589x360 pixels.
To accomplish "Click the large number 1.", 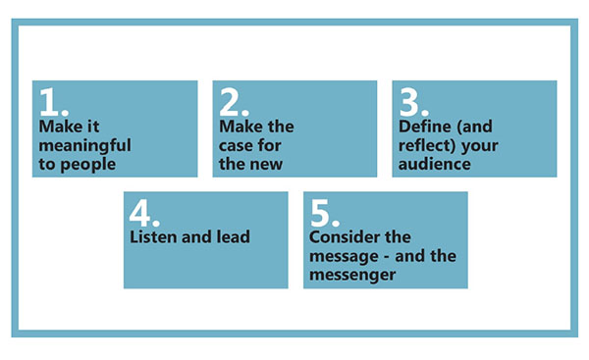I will click(x=51, y=102).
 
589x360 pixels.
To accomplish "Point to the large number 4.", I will click(x=143, y=213).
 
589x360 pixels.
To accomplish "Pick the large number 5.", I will click(x=323, y=213).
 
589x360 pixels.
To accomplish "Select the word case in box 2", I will click(x=237, y=146).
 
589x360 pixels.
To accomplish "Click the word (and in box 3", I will click(x=480, y=128).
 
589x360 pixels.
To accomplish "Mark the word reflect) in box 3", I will click(x=429, y=146).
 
